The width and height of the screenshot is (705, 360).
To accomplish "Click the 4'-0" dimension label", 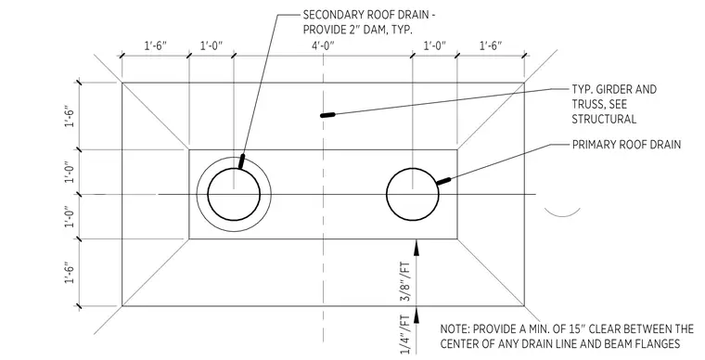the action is [x=323, y=45].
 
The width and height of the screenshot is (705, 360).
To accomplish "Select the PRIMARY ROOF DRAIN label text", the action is [x=626, y=145].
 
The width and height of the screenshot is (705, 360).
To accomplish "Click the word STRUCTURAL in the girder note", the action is [x=604, y=119].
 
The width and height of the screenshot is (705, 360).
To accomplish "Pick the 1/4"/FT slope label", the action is [x=405, y=335].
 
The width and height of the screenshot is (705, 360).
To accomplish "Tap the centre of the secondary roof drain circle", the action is [x=234, y=194].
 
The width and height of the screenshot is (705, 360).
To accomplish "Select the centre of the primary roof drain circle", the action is [x=413, y=194].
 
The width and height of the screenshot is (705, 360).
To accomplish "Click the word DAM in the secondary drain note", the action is [x=378, y=30].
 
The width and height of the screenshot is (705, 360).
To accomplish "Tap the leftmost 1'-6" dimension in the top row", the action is [x=156, y=45].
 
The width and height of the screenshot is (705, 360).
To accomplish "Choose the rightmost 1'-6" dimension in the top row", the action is [x=491, y=45].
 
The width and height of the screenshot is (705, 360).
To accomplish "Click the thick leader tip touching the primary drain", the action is [x=443, y=181].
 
